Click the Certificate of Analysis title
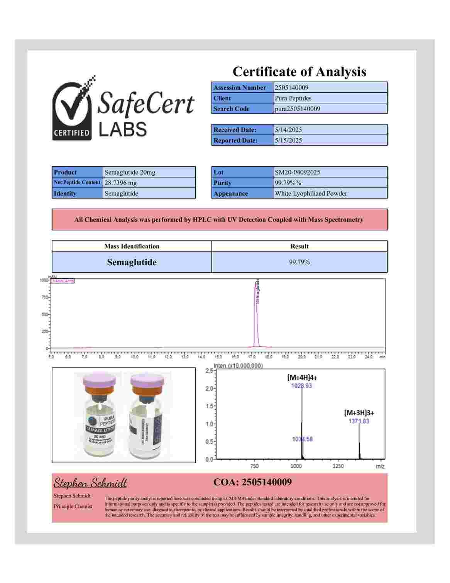(x=299, y=72)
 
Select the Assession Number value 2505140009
(x=291, y=88)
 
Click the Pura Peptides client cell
(x=293, y=98)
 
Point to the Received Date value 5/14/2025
(x=288, y=130)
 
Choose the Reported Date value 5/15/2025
(x=288, y=140)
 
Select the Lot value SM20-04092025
(x=297, y=172)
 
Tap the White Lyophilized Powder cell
(x=311, y=193)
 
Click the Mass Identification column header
(x=132, y=246)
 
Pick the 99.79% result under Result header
(x=299, y=262)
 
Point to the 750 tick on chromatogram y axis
(x=44, y=297)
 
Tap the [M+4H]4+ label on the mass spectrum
(x=302, y=378)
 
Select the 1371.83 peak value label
(x=359, y=421)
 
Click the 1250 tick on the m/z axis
(x=338, y=466)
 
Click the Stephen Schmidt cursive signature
(x=90, y=483)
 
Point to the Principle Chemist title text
(x=73, y=506)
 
